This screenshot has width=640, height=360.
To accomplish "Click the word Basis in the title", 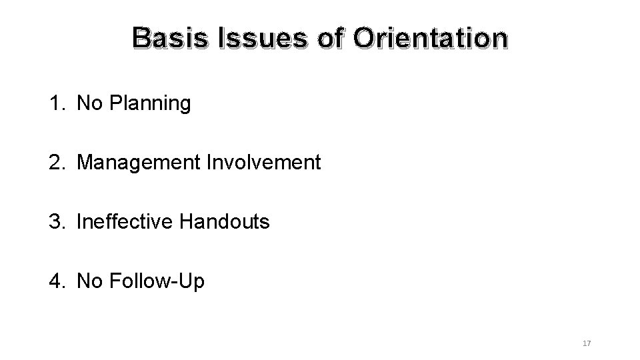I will (x=169, y=39).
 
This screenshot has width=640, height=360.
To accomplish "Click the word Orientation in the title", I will (x=430, y=39).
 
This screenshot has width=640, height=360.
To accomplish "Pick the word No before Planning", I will (x=89, y=103).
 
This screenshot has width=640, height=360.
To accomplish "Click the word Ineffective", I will (x=125, y=221).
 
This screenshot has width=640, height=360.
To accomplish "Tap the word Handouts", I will (x=225, y=221).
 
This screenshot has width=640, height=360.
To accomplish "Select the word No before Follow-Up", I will (x=89, y=281).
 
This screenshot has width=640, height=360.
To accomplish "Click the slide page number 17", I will (x=587, y=343).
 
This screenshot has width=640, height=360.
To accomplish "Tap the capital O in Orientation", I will (x=366, y=39).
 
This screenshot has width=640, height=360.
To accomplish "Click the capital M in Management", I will (x=85, y=162).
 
